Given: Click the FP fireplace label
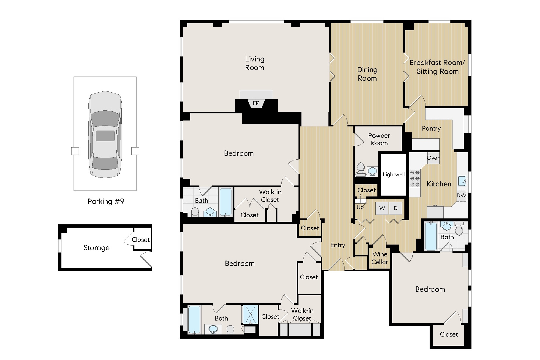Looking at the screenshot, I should [256, 103].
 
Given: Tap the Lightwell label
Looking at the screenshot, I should [393, 175].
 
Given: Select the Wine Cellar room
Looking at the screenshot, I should [380, 258].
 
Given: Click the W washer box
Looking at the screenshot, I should [382, 208].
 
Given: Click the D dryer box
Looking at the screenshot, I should [396, 208].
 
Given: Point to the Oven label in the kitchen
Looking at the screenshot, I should [433, 158].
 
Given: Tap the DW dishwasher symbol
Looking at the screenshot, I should [461, 196].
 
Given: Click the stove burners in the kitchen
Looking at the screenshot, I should [415, 179].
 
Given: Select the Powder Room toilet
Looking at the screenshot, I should [360, 169].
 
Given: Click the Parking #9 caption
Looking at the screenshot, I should [106, 202].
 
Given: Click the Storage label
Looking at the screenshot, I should [96, 248].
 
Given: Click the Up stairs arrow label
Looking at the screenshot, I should [360, 207].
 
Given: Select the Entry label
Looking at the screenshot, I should [338, 245].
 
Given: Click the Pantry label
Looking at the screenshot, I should [431, 129].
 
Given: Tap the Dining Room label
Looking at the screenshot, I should [367, 74].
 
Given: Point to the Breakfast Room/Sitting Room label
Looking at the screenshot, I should [437, 67].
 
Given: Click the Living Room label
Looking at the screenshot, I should [255, 63].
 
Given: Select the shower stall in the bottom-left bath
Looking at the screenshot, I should [250, 314].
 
